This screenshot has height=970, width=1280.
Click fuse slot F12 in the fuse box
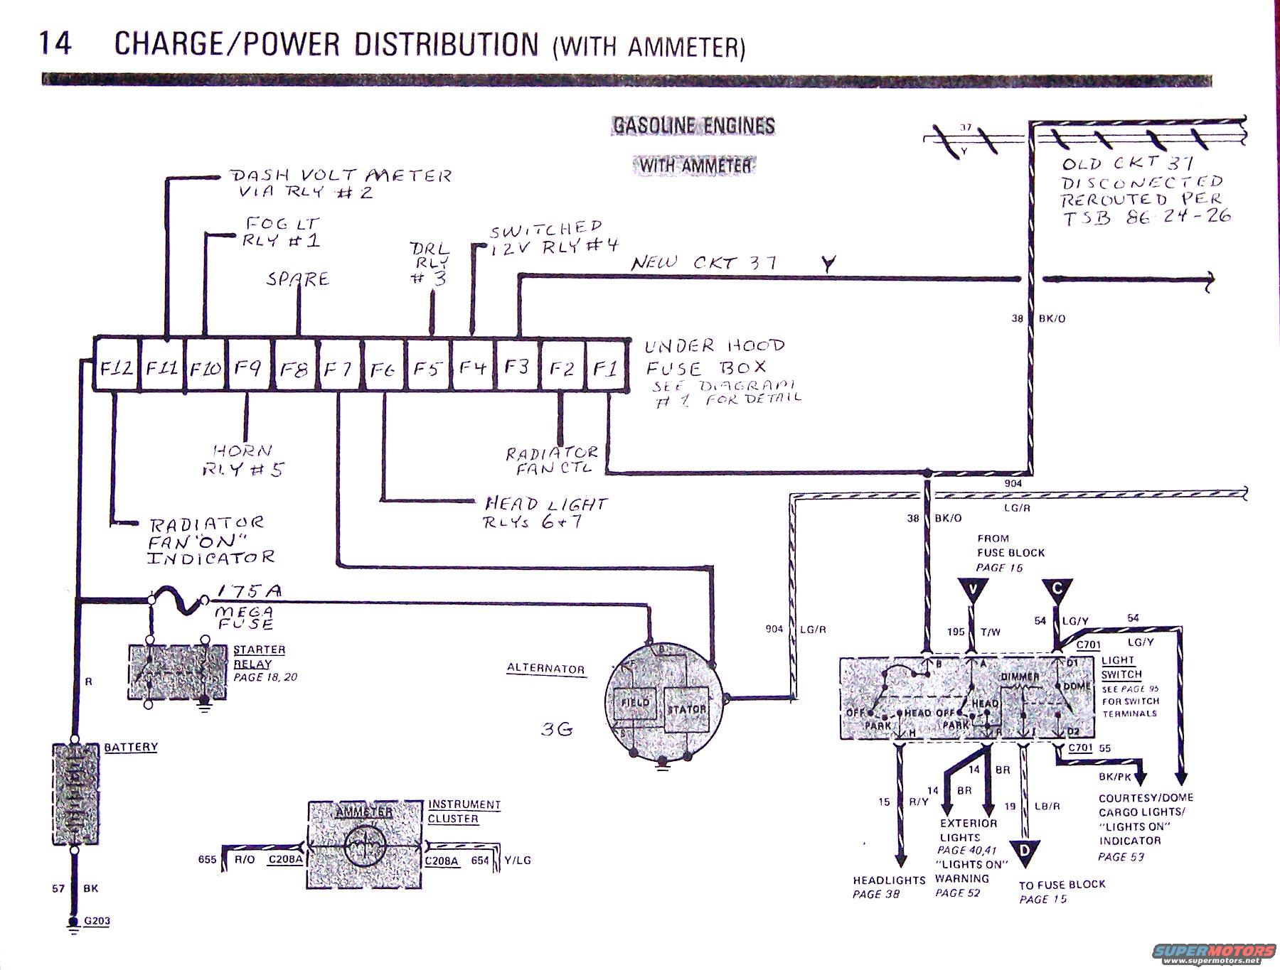(117, 368)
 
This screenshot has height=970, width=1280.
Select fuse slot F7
(338, 370)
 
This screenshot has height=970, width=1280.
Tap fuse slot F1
(607, 368)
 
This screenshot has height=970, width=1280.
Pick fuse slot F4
(471, 369)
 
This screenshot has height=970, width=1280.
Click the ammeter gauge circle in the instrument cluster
(364, 846)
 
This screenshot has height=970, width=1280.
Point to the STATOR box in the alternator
(687, 709)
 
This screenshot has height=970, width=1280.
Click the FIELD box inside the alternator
(635, 703)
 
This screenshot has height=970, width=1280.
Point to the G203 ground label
(97, 922)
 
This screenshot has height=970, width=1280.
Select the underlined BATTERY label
(131, 747)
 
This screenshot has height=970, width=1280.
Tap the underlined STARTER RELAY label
(260, 657)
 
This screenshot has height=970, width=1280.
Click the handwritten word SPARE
(298, 279)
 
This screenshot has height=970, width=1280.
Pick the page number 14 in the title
(56, 44)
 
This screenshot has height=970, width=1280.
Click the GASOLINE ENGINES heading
(693, 126)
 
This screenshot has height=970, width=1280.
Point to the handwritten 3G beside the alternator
(557, 729)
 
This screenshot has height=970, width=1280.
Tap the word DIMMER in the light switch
(1020, 677)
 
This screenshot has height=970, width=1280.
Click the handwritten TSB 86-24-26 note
(1147, 216)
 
